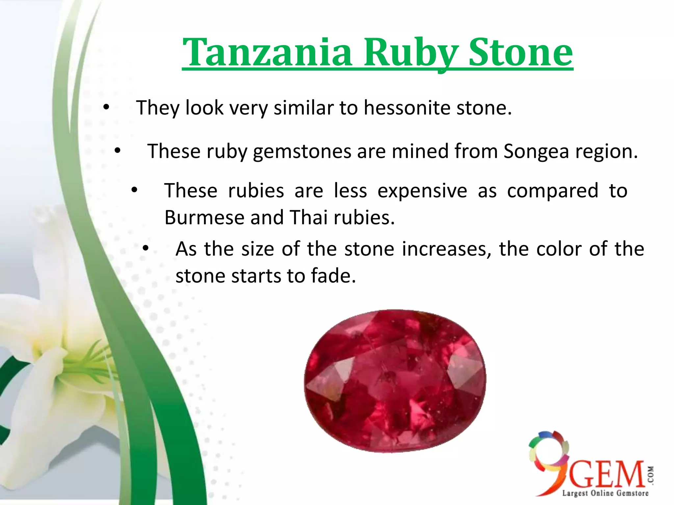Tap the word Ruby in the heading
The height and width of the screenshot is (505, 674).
[410, 53]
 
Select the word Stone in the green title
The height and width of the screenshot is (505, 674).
[521, 53]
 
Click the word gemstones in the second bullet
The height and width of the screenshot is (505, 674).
[302, 152]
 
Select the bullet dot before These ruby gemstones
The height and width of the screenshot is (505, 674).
[117, 151]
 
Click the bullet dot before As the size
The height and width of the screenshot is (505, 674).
[146, 249]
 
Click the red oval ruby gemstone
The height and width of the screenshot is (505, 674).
[395, 381]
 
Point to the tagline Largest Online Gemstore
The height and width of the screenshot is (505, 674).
[605, 493]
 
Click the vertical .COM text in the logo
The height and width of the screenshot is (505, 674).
[651, 475]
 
